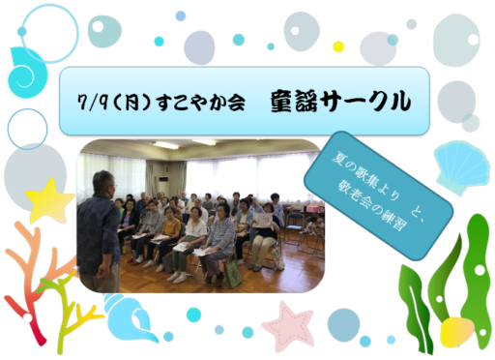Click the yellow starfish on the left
[50, 199]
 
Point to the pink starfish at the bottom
[287, 323]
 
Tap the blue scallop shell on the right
[461, 164]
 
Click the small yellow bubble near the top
[338, 46]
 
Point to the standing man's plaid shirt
[99, 232]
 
